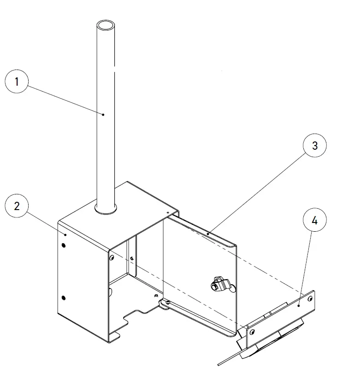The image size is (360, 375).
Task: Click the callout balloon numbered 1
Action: [x=17, y=82]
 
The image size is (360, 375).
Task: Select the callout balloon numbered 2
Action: [x=17, y=206]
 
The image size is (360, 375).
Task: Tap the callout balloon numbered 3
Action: [x=315, y=146]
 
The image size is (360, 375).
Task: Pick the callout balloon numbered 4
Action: [x=315, y=221]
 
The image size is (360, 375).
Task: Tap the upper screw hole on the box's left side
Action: [x=64, y=245]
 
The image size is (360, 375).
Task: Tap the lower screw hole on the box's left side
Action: [x=64, y=297]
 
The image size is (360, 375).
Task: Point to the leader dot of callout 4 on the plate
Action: [x=299, y=305]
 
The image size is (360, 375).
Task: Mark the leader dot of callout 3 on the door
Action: [x=207, y=234]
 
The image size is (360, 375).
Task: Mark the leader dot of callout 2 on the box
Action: [x=65, y=234]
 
